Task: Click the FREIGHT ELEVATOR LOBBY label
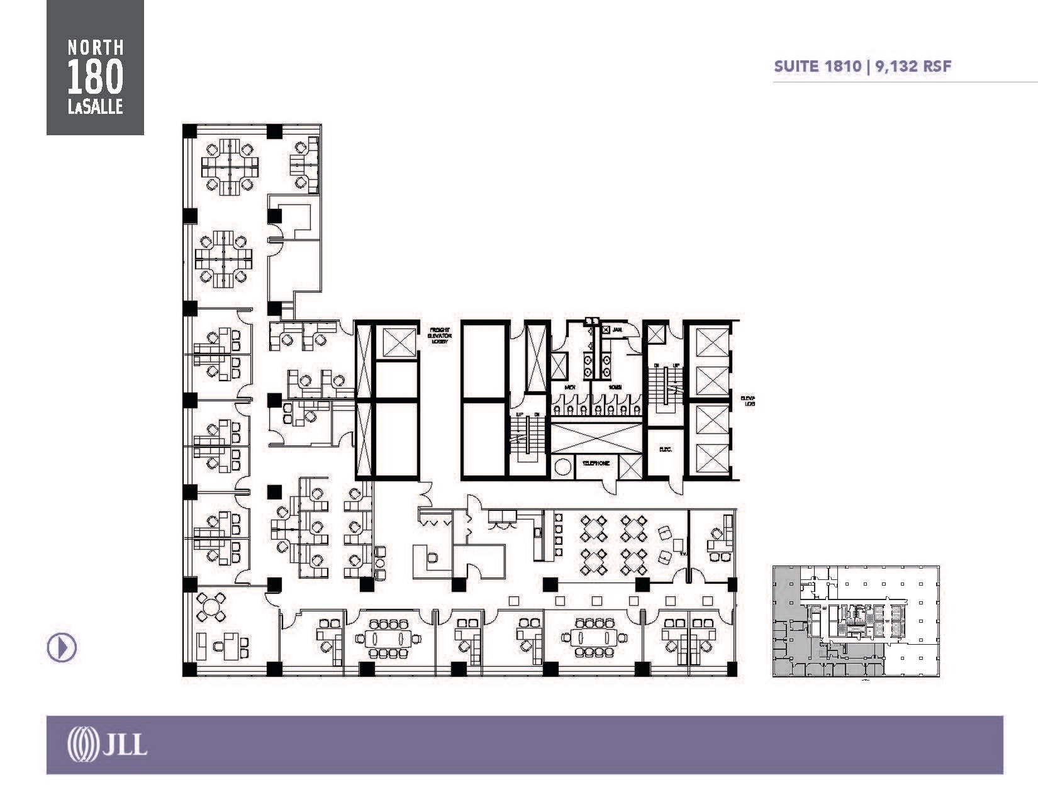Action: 439,335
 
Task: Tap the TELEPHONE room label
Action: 595,464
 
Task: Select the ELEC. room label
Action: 666,450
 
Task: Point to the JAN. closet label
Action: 618,329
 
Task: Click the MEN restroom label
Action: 571,387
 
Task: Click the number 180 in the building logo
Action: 95,79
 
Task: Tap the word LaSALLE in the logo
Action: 95,108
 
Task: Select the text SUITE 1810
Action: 817,67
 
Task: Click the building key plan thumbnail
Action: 856,621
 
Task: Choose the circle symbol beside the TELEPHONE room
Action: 563,467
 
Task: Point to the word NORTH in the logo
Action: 95,47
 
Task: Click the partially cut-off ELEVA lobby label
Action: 748,401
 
